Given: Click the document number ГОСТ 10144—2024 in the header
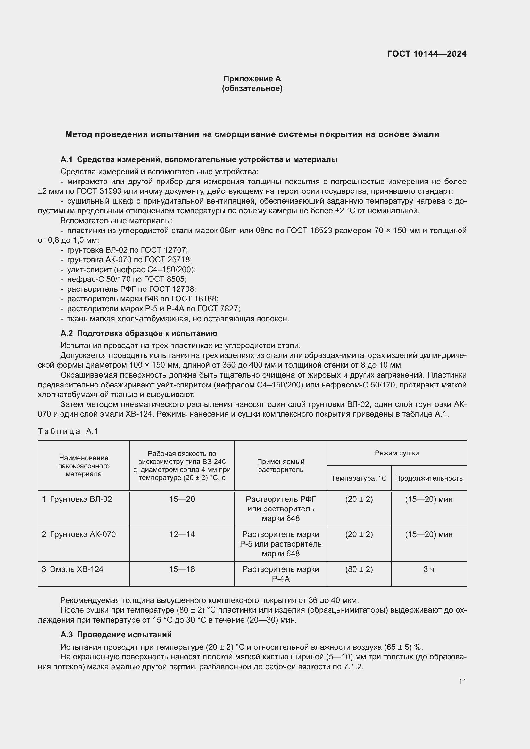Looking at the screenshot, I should click(426, 54).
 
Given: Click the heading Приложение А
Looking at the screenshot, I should click(252, 79).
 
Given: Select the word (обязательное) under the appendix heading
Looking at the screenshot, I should click(252, 88).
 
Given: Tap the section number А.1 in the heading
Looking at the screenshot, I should click(66, 159).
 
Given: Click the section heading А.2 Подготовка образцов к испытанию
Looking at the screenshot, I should click(139, 333).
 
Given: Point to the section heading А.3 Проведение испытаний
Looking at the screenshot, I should click(116, 634).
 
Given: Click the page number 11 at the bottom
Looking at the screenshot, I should click(462, 681).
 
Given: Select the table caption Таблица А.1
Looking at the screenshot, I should click(68, 431).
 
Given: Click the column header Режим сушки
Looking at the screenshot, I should click(396, 453).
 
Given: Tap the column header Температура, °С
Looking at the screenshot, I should click(359, 478).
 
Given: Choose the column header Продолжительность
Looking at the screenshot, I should click(428, 478).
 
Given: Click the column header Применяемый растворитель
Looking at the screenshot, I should click(281, 466).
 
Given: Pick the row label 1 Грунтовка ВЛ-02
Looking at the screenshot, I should click(77, 499).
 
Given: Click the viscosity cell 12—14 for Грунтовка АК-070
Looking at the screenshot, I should click(182, 534).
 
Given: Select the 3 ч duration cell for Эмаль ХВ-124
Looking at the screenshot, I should click(428, 569).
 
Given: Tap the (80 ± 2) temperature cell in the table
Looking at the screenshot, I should click(359, 569).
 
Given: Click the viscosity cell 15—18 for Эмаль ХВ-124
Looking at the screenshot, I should click(182, 569).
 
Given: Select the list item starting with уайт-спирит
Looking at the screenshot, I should click(131, 269).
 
